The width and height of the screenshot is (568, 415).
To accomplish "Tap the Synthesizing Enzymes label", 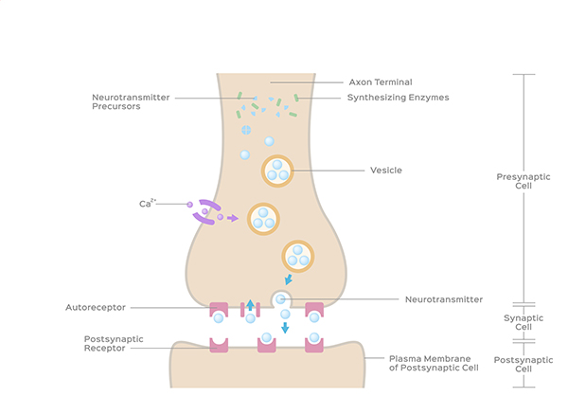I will click(x=398, y=98).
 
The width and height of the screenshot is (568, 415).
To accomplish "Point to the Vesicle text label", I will click(x=386, y=171).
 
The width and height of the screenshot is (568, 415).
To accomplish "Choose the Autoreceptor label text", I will click(x=96, y=307).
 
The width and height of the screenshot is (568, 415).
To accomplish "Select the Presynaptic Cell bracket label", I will click(x=516, y=181).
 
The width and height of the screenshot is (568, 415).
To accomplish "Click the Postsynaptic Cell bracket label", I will click(x=516, y=365).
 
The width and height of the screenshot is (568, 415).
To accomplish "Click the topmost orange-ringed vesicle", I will click(x=277, y=171).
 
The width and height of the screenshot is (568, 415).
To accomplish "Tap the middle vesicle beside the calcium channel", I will click(x=263, y=219).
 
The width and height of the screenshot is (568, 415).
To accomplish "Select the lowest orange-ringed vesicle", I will click(x=297, y=255).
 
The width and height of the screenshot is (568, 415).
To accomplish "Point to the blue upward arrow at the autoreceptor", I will click(x=250, y=305).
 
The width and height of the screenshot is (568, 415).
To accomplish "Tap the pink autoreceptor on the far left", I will click(x=219, y=310).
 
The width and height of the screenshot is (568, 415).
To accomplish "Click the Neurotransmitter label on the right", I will click(x=444, y=299).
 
